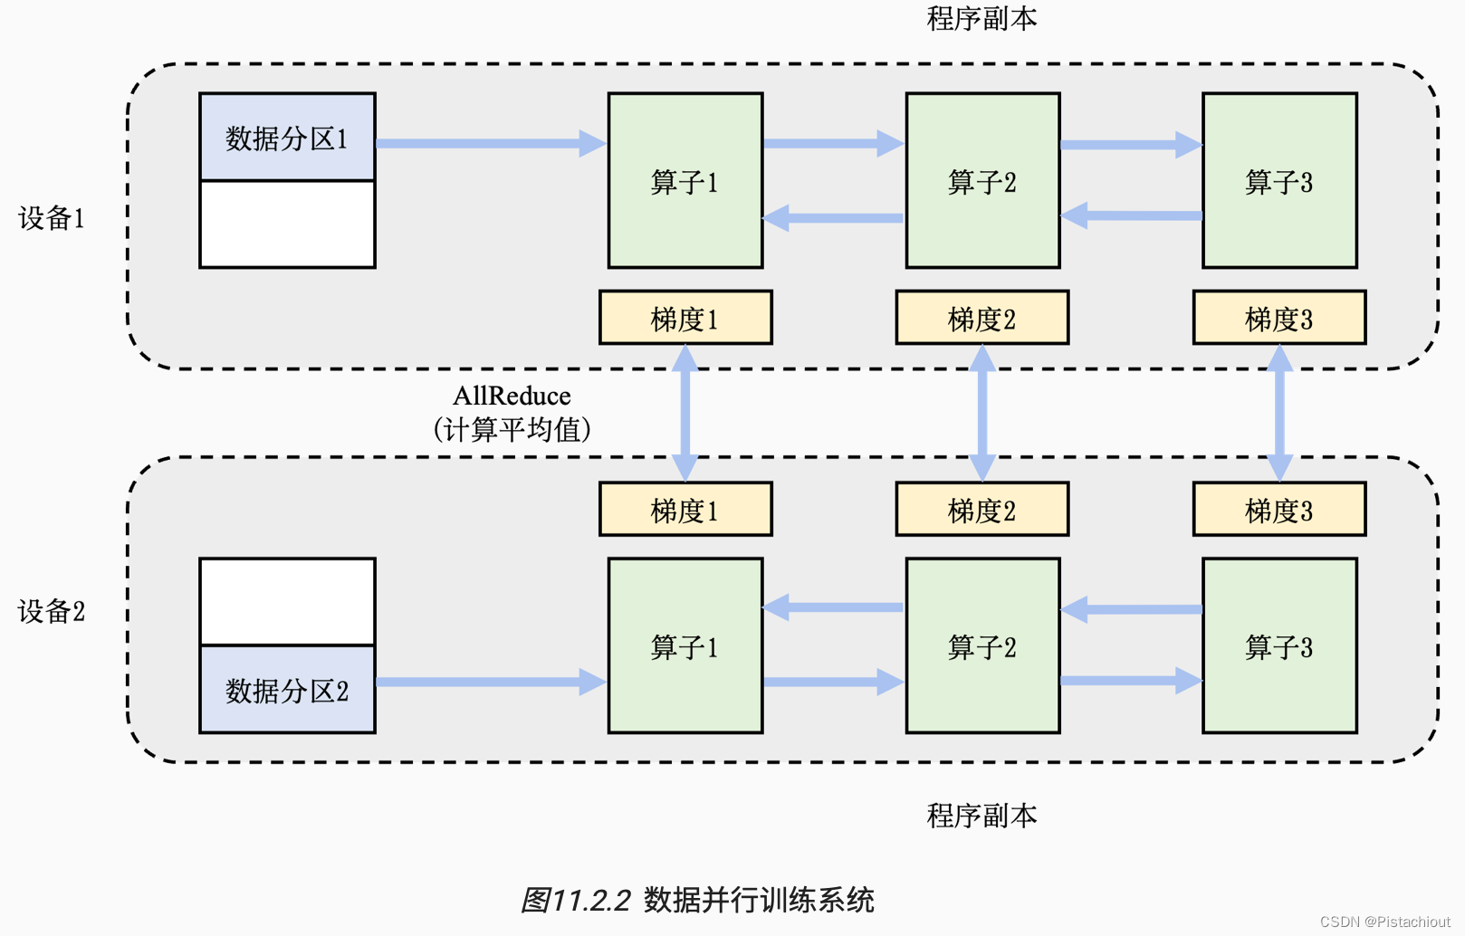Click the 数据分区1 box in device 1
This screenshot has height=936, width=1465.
click(287, 138)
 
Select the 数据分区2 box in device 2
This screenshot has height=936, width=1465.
click(287, 690)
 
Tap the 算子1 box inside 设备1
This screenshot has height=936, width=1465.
click(685, 181)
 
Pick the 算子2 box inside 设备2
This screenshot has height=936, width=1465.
click(982, 646)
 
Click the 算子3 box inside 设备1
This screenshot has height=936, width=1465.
click(1279, 181)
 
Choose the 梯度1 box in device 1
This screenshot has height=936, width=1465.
click(685, 318)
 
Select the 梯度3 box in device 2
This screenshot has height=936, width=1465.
click(1279, 510)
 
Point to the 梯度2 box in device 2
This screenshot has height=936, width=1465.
click(982, 510)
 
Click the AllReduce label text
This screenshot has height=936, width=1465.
click(512, 396)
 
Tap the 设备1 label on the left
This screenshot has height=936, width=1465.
click(52, 218)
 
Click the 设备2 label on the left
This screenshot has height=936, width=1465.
click(52, 612)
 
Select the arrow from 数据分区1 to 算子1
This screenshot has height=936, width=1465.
click(489, 143)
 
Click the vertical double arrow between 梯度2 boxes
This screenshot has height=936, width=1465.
click(982, 413)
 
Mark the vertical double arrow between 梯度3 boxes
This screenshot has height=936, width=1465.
click(1279, 413)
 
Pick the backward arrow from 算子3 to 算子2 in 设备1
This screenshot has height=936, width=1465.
click(1132, 215)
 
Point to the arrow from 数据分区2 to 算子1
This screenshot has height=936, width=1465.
click(489, 682)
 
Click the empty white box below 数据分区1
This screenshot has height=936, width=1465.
click(287, 224)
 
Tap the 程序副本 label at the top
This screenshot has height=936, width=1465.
click(982, 18)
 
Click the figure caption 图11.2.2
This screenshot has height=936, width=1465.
click(697, 900)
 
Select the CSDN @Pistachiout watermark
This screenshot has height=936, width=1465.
click(1384, 922)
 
